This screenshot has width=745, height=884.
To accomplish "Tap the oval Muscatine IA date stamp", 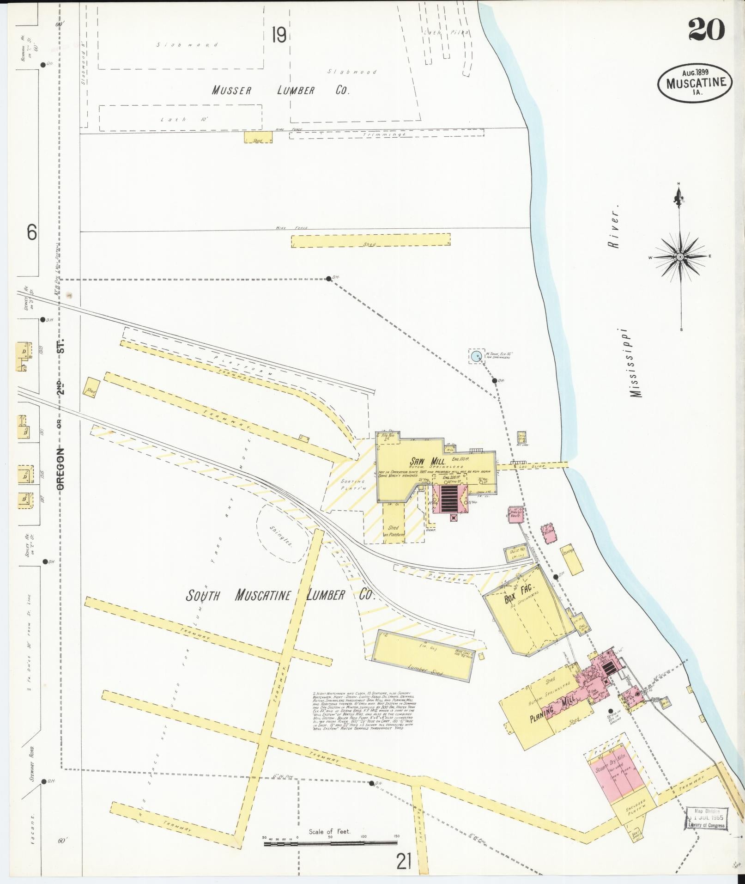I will (695, 83).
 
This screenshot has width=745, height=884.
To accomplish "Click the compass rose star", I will (680, 256).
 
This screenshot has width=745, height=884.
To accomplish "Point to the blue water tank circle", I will (476, 356).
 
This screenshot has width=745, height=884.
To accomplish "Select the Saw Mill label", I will (427, 461).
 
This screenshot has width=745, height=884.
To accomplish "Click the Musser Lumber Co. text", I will (280, 91).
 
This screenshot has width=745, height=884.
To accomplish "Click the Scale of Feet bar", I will (330, 844).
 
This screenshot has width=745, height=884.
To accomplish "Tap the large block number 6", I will (31, 232).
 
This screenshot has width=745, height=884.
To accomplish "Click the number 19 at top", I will (279, 35).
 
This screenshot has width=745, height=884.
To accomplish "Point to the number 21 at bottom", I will (403, 862).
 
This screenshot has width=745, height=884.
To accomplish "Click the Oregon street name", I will (61, 468).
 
